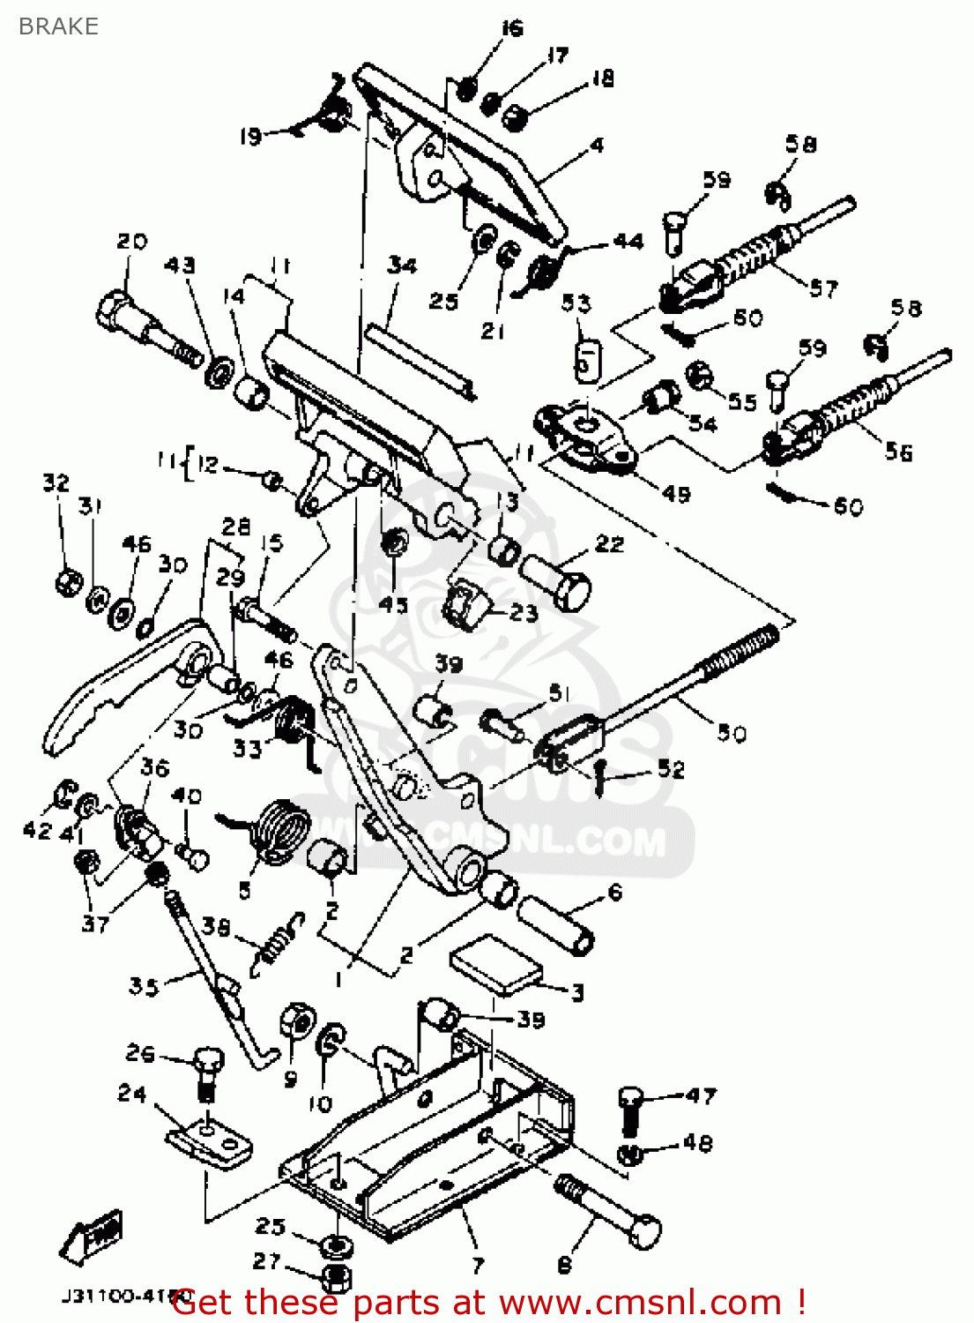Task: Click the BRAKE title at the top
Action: (x=58, y=26)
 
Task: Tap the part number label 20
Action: (x=132, y=241)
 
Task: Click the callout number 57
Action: (x=823, y=288)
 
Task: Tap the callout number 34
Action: (x=402, y=265)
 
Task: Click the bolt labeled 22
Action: (x=557, y=579)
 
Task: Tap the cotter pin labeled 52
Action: (x=599, y=776)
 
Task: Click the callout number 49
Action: (x=676, y=494)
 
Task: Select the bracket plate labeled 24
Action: (x=210, y=1143)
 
